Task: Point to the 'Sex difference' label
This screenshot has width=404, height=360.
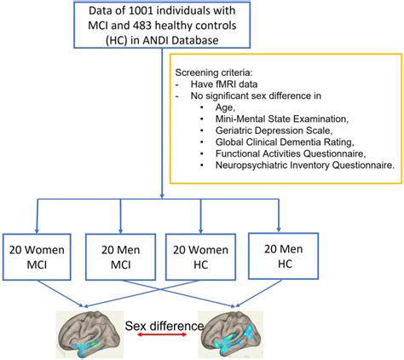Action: (164, 324)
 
